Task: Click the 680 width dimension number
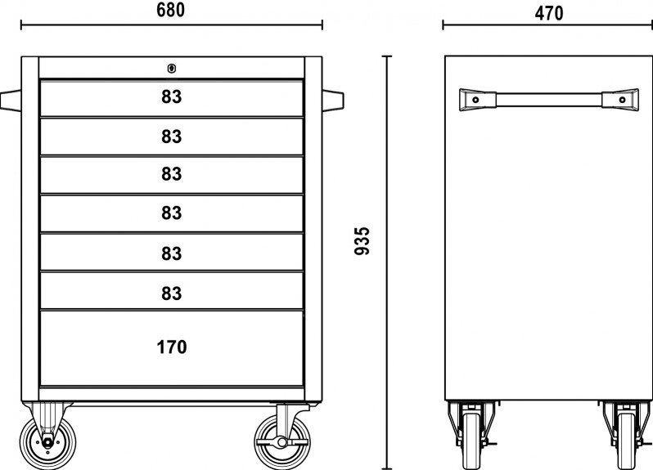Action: point(171,10)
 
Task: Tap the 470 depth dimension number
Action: point(549,13)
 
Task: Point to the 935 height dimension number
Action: point(362,241)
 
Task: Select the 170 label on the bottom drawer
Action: point(172,347)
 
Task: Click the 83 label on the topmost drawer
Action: point(172,97)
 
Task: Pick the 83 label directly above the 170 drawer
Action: point(172,293)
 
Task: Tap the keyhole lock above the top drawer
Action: point(171,68)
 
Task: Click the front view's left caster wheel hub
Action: point(47,441)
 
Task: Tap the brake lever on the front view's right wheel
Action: point(281,441)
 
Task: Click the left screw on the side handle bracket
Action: point(475,100)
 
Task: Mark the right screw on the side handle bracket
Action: point(622,100)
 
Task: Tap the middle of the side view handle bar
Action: point(549,100)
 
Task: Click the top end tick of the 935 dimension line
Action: point(387,56)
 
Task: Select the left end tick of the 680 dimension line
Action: point(21,25)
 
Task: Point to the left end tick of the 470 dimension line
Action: point(444,25)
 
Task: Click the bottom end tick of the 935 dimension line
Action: point(387,468)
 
